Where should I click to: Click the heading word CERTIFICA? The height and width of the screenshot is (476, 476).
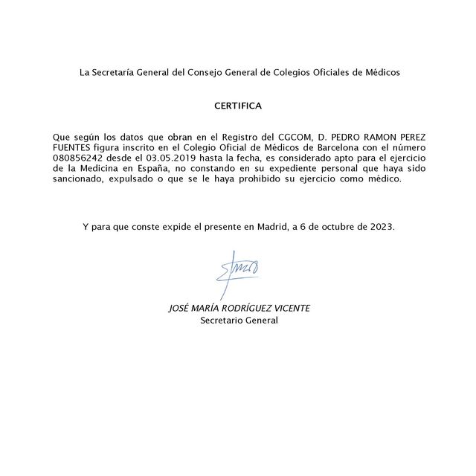238,106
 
